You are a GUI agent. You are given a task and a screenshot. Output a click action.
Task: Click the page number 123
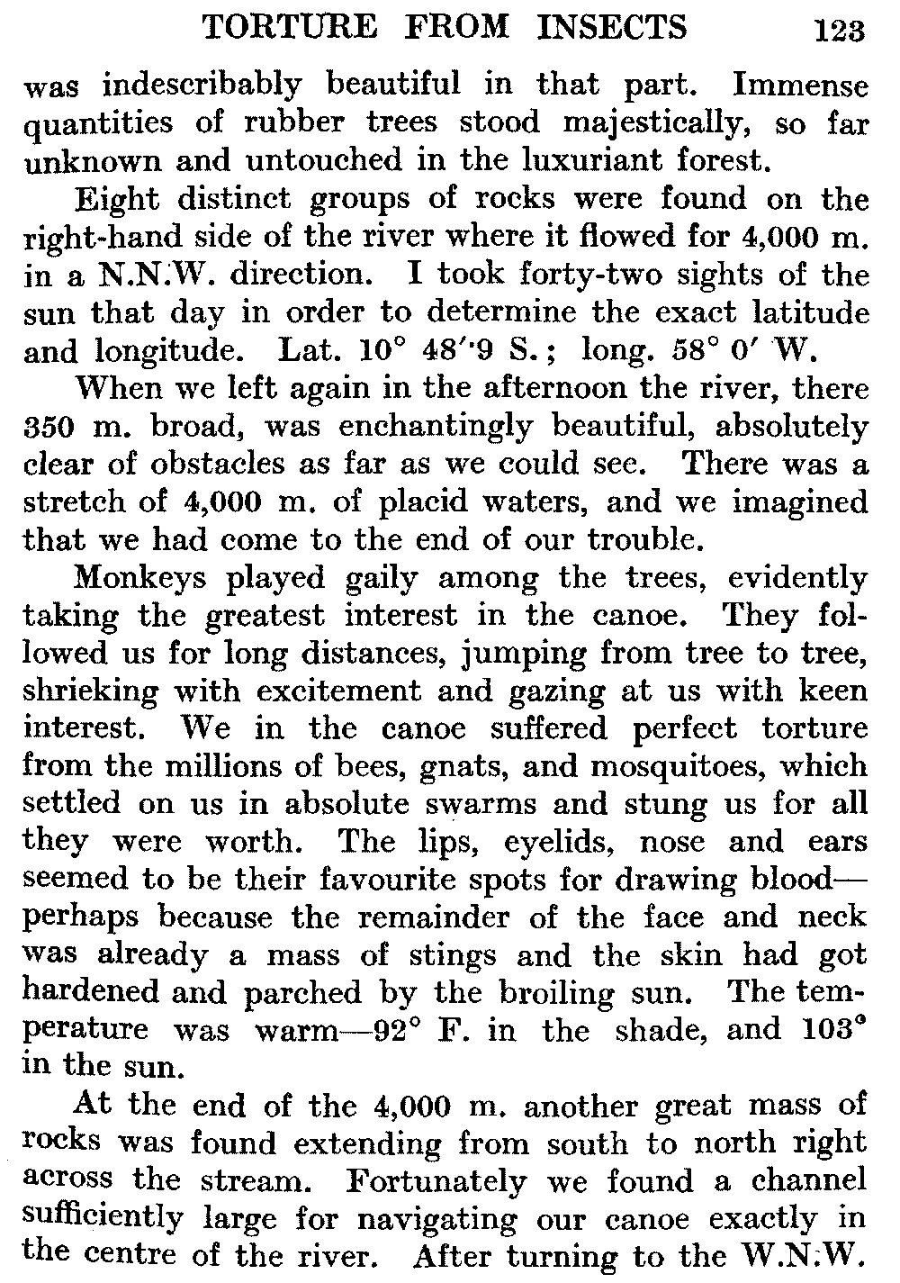[x=839, y=32]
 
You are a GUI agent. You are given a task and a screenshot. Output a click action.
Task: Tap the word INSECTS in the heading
[x=611, y=28]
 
